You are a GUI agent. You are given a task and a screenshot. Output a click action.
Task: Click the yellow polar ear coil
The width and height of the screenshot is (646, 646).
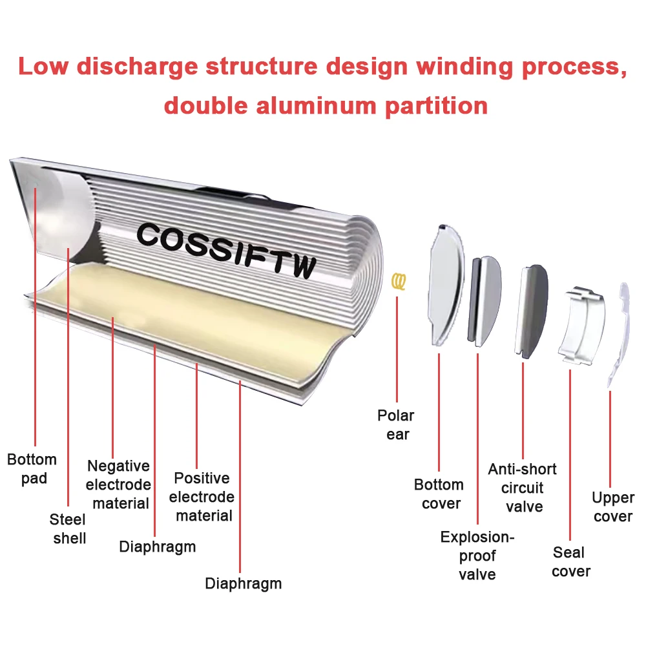coord(400,281)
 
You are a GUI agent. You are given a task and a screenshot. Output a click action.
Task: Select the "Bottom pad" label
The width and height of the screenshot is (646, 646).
coord(32,469)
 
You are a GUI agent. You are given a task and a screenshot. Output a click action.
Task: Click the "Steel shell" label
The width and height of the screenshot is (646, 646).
coord(68,528)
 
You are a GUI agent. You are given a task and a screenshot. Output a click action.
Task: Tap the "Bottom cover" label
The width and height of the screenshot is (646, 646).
coord(439,494)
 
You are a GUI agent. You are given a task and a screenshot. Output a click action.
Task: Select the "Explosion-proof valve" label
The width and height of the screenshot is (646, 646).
coord(477,556)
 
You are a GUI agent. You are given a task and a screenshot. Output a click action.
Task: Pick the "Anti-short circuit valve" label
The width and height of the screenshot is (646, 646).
coord(523,488)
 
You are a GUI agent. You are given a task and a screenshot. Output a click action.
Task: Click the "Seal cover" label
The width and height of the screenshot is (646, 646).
coord(571,561)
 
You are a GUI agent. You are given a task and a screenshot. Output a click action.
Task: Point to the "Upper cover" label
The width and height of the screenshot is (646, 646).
coord(613,507)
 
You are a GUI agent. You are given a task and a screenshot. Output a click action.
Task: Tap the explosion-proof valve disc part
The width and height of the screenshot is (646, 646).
coord(484,300)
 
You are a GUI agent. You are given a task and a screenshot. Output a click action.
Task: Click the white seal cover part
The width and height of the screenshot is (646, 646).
coord(582,326)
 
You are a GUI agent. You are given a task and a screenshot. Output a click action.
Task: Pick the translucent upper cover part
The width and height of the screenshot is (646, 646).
coord(620,336)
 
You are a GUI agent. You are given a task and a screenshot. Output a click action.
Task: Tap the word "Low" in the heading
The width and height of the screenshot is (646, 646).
coord(49,67)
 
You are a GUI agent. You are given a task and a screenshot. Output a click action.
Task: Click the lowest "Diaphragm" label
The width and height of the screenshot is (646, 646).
coord(243,583)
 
